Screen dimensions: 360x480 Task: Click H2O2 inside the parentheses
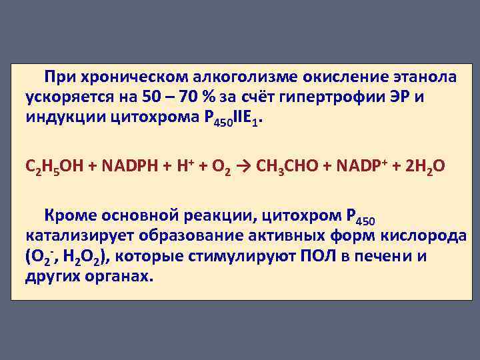(87, 257)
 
